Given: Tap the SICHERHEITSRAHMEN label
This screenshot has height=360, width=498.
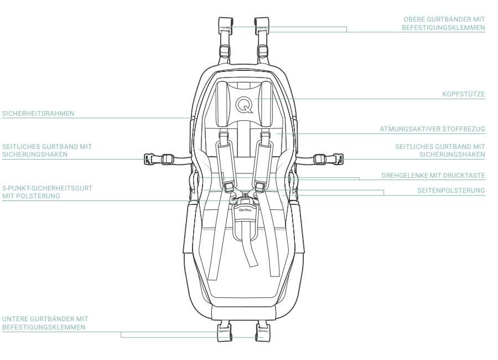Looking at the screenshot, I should click(x=38, y=114).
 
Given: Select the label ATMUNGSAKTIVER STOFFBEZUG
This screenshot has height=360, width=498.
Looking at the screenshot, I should click(x=432, y=129).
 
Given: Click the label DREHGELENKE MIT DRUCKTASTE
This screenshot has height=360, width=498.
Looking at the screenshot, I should click(x=433, y=176).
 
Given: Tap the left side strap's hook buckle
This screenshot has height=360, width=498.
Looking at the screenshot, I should click(x=149, y=160).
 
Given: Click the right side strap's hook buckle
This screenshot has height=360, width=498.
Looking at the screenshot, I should click(x=336, y=160).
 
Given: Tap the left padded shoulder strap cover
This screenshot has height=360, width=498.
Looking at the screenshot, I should click(x=226, y=158).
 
